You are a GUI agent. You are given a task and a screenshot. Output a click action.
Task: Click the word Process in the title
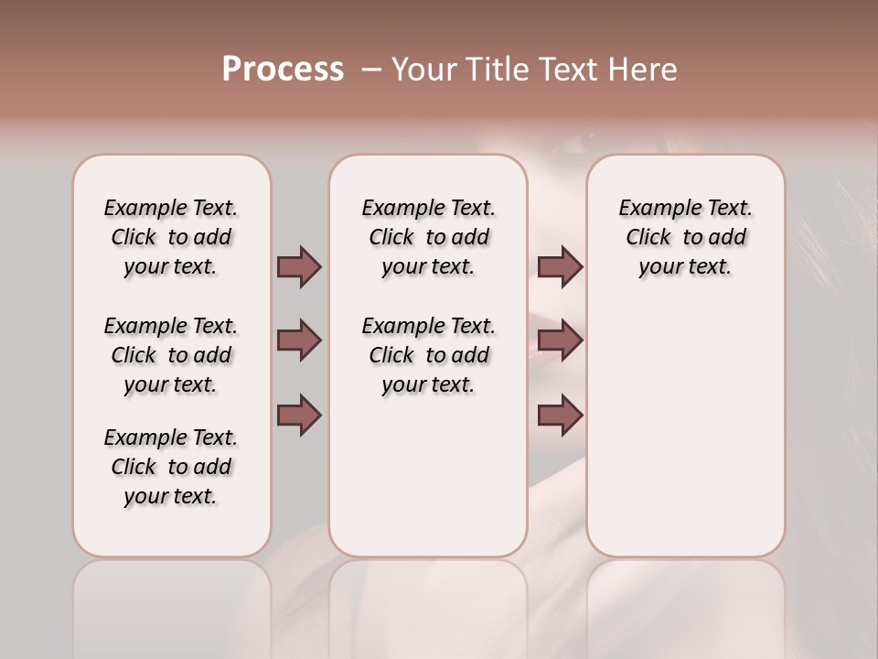pyautogui.click(x=283, y=70)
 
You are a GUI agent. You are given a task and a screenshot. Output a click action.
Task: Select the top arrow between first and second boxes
pyautogui.click(x=299, y=266)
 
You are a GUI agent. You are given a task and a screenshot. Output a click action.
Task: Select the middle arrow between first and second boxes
pyautogui.click(x=299, y=340)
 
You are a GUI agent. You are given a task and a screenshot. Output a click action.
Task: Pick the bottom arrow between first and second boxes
pyautogui.click(x=299, y=416)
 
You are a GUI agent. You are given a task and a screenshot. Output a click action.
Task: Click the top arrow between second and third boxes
pyautogui.click(x=560, y=266)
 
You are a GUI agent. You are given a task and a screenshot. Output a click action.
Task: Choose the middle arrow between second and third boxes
pyautogui.click(x=560, y=340)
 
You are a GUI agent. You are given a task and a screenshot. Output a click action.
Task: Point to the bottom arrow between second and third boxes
pyautogui.click(x=560, y=416)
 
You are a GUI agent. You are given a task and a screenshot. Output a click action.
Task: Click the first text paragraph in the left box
pyautogui.click(x=171, y=237)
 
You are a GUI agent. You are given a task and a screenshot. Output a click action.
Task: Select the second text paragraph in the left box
pyautogui.click(x=171, y=355)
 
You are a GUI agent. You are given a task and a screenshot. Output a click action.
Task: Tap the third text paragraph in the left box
pyautogui.click(x=171, y=467)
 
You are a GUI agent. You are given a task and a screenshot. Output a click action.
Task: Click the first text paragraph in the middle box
pyautogui.click(x=428, y=237)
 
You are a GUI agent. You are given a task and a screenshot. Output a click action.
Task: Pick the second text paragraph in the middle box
pyautogui.click(x=428, y=355)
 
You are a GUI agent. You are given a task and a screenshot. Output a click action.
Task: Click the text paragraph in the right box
pyautogui.click(x=685, y=237)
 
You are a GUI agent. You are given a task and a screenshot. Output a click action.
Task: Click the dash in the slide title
pyautogui.click(x=370, y=70)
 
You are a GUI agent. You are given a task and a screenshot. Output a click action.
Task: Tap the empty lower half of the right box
pyautogui.click(x=685, y=439)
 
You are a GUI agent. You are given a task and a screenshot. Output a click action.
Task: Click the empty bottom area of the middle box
pyautogui.click(x=428, y=485)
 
